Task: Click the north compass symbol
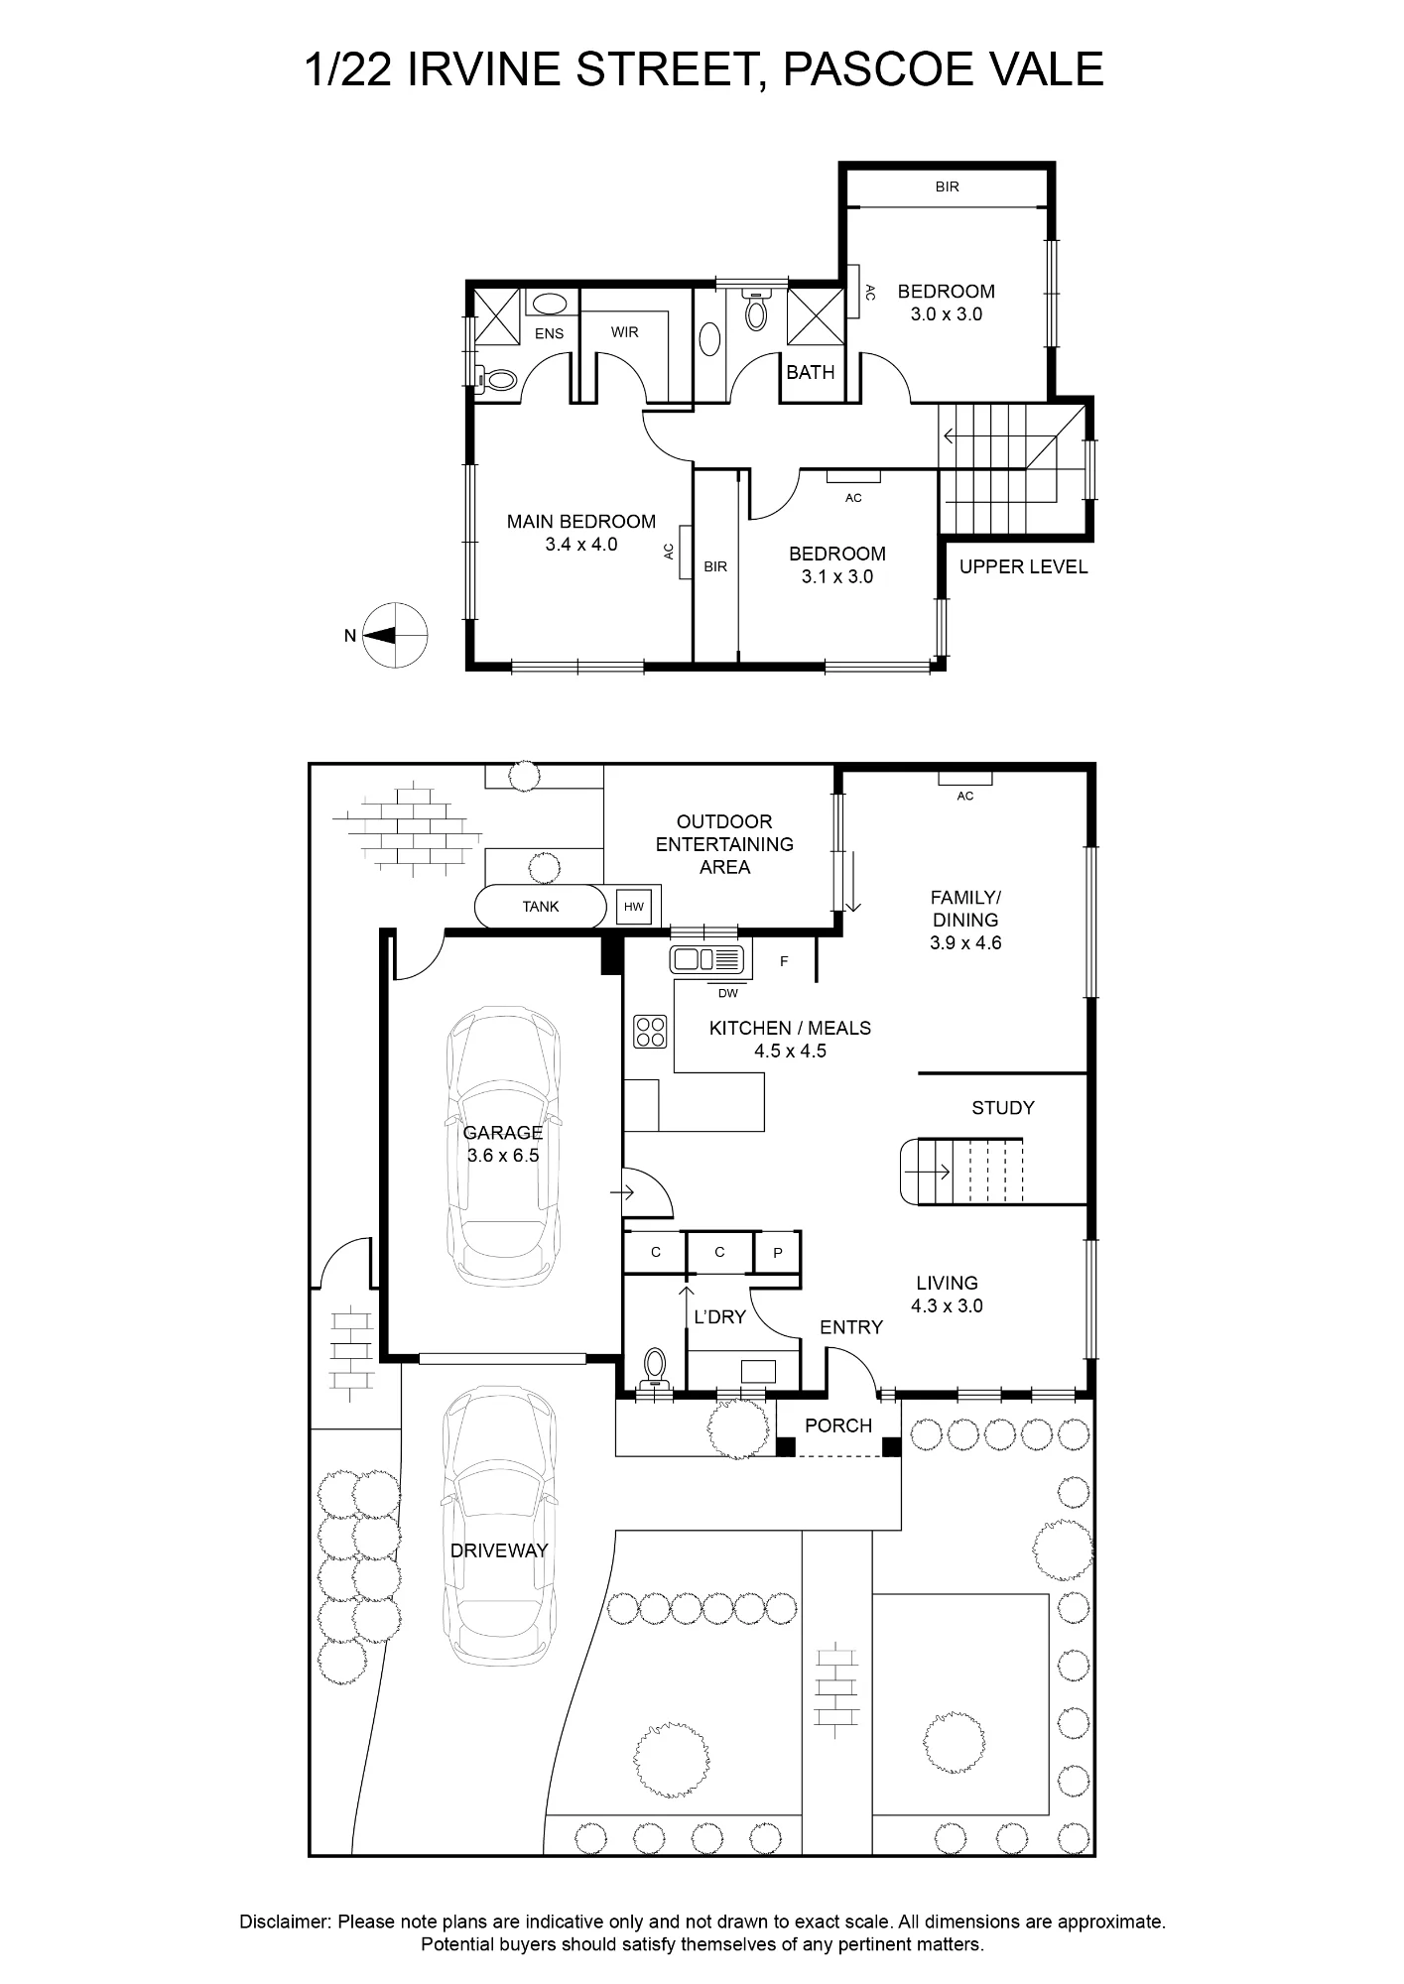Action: coord(395,635)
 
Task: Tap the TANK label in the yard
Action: coord(541,907)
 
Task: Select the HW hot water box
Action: coord(634,907)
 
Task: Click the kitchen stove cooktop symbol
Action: coord(650,1032)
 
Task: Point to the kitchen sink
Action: coord(706,959)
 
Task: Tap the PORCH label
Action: coord(838,1426)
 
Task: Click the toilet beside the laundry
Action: coord(654,1370)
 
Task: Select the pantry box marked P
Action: coord(778,1253)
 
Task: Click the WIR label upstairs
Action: coord(625,332)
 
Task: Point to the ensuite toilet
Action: coord(496,379)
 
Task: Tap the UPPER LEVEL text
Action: coord(1023,567)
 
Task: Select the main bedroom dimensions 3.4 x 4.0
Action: coord(581,545)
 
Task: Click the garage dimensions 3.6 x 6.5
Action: coord(503,1156)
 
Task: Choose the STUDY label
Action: coord(1003,1108)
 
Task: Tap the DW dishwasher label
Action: coord(728,993)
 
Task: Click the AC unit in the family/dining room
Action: coord(965,778)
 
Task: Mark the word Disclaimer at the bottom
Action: coord(284,1922)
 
